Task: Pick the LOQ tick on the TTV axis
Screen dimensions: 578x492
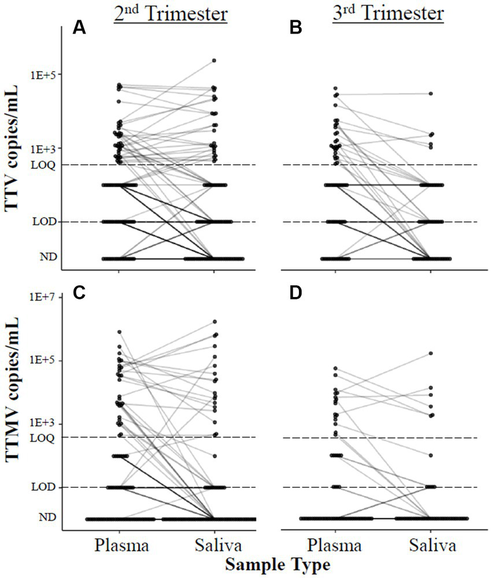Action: (x=44, y=165)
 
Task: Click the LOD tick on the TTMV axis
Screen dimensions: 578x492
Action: (x=44, y=487)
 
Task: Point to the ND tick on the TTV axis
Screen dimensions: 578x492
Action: (x=47, y=258)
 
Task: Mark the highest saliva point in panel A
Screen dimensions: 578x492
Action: (x=214, y=60)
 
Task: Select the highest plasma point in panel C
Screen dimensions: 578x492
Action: (x=120, y=332)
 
